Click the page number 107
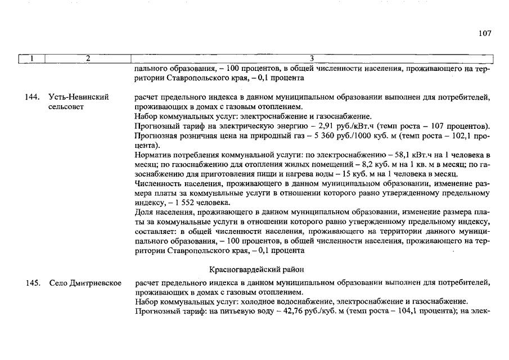point(485,33)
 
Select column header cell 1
point(31,58)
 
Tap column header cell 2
point(88,58)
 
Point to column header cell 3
point(312,58)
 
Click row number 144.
point(32,97)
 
